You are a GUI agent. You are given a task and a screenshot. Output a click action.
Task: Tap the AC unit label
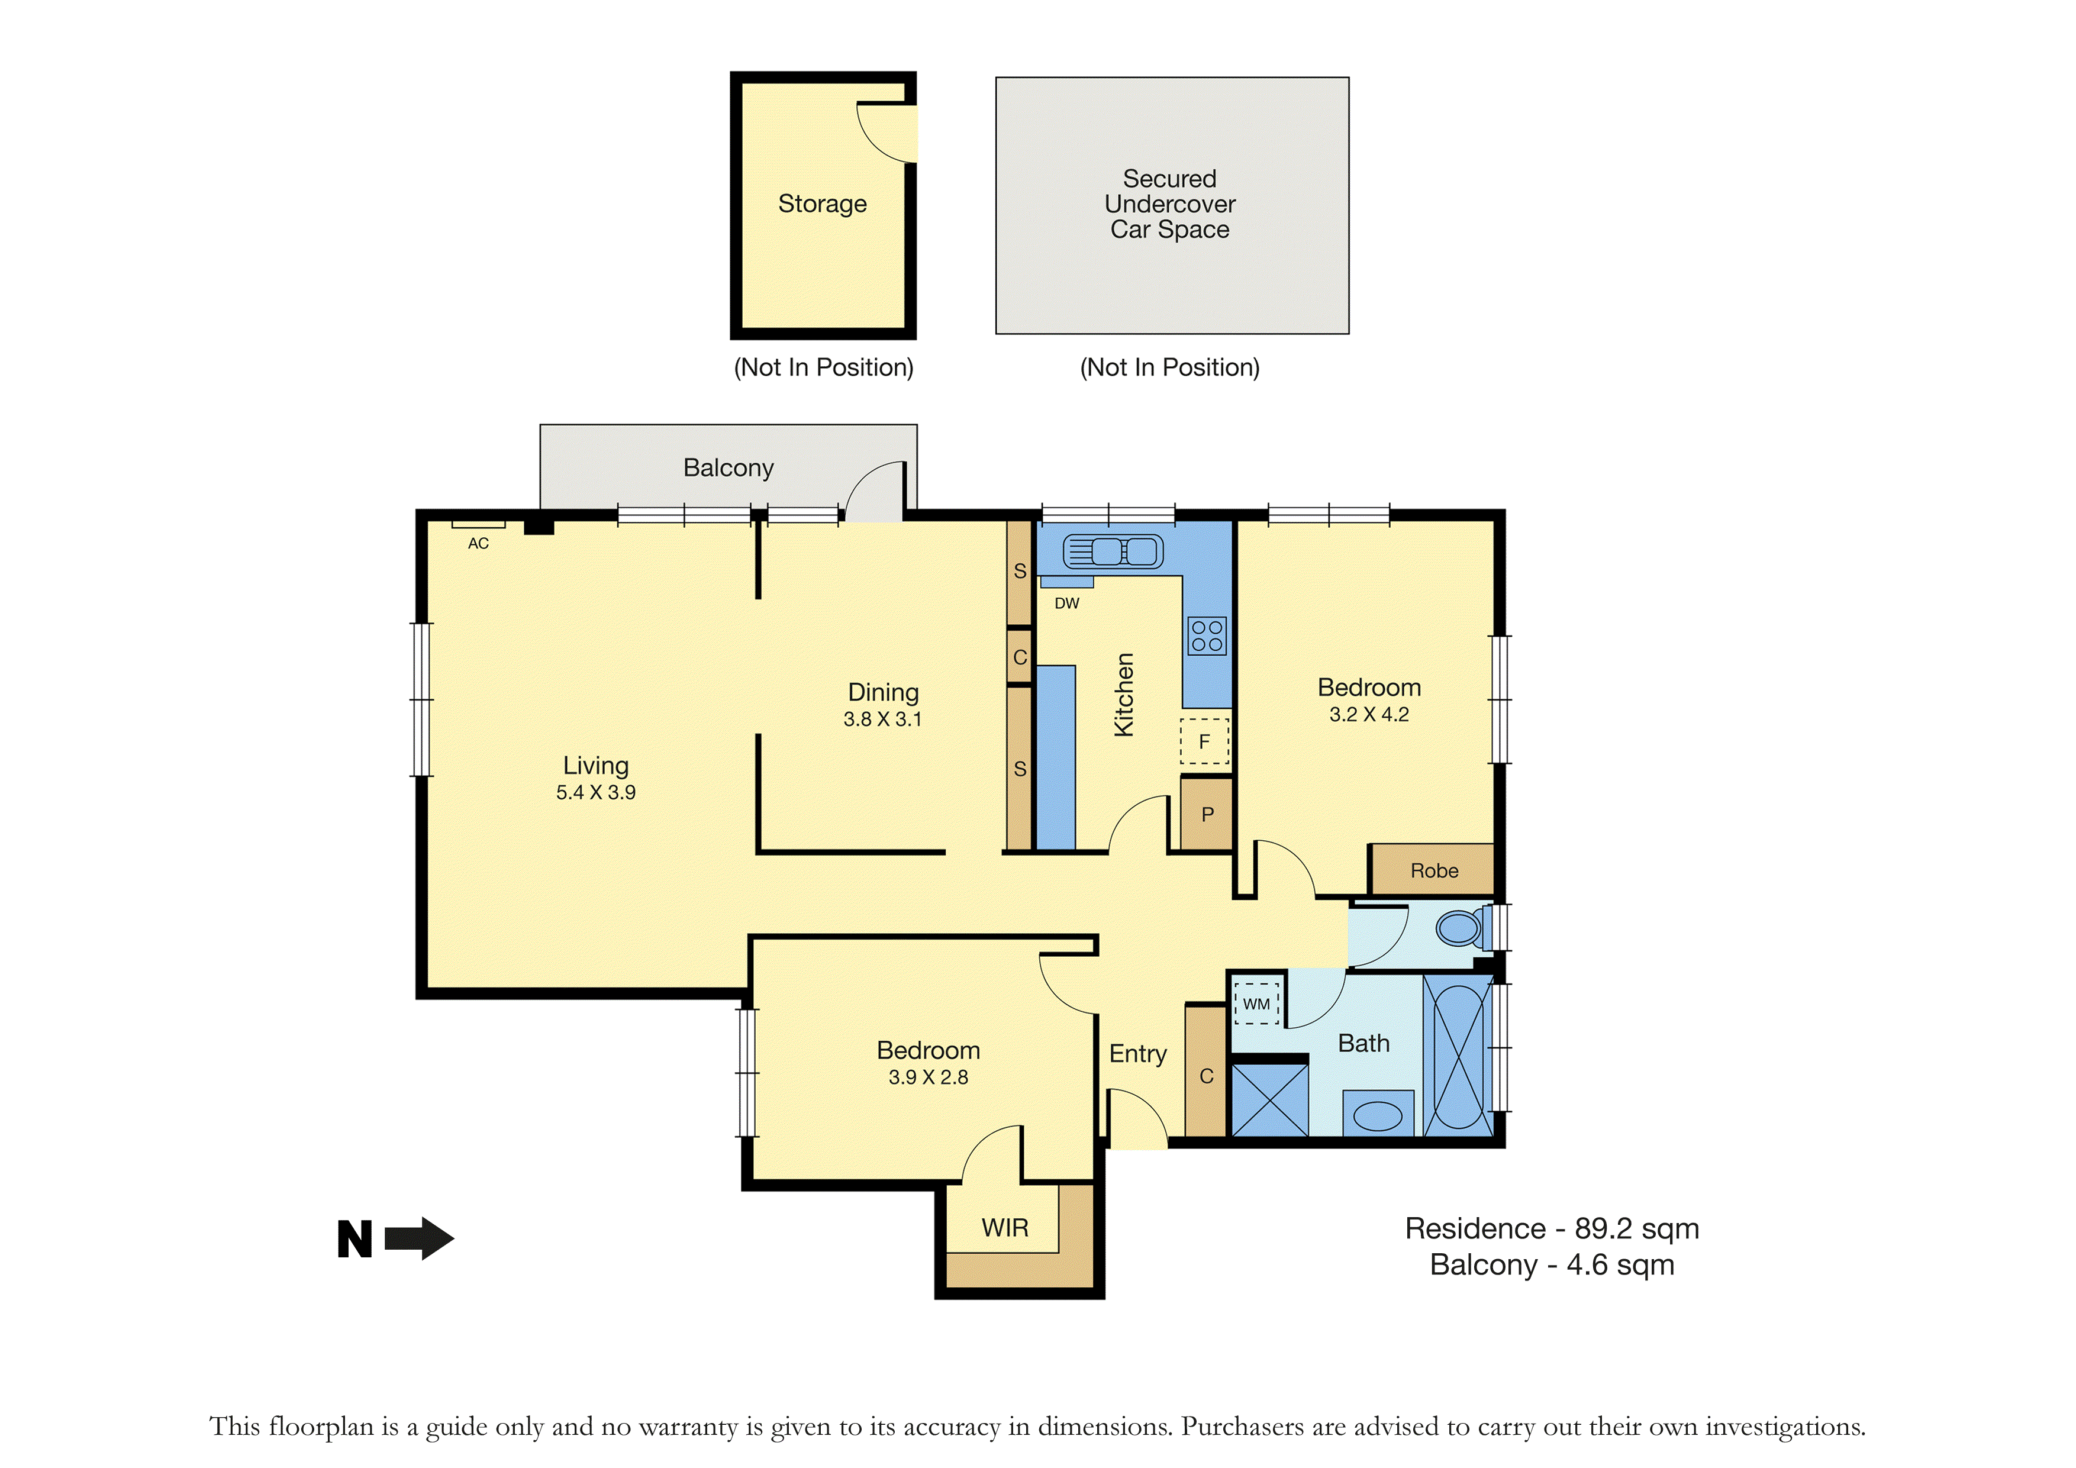tap(478, 543)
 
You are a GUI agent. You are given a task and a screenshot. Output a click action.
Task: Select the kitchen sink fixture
tap(1113, 551)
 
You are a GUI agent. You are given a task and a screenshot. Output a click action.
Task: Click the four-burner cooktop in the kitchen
tap(1207, 635)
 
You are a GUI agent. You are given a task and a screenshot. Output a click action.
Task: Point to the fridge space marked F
tap(1204, 741)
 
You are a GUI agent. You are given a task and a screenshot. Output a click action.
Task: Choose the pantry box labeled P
tap(1207, 814)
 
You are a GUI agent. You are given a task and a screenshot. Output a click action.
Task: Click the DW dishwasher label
tap(1067, 603)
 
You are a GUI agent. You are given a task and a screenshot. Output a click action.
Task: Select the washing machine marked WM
tap(1257, 1004)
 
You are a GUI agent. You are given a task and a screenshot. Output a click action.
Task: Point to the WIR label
tap(1005, 1228)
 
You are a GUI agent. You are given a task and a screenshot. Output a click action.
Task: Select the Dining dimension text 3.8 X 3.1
tap(882, 719)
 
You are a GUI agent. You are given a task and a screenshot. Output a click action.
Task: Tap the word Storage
tap(823, 204)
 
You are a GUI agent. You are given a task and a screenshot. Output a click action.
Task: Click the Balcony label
tap(728, 467)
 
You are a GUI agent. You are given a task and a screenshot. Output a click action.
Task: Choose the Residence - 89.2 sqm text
tap(1552, 1228)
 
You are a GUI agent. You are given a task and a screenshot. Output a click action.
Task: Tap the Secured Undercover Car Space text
tap(1170, 204)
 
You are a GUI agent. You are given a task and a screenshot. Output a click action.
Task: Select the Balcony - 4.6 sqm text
tap(1552, 1264)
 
